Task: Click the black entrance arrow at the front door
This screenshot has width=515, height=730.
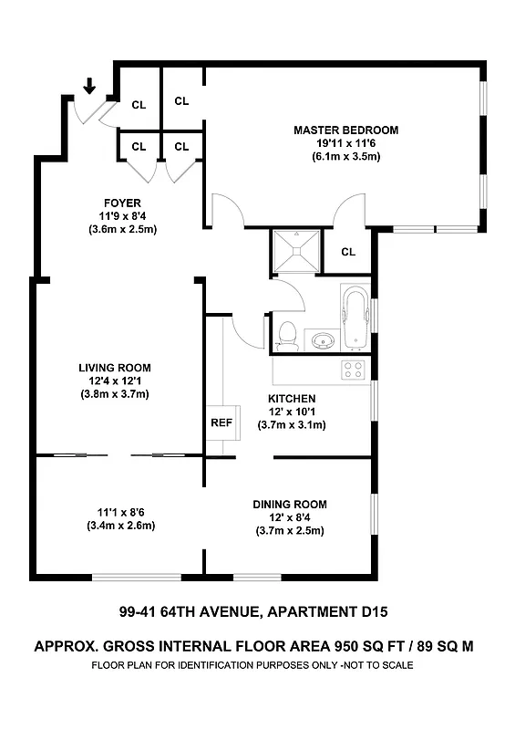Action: pyautogui.click(x=89, y=87)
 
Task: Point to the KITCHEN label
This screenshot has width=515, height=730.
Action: pyautogui.click(x=292, y=399)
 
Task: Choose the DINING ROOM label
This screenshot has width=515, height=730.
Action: pyautogui.click(x=290, y=504)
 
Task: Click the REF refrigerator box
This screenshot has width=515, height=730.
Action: pyautogui.click(x=221, y=422)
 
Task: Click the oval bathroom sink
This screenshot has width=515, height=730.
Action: pyautogui.click(x=321, y=342)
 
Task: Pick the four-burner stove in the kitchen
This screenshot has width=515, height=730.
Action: pyautogui.click(x=353, y=370)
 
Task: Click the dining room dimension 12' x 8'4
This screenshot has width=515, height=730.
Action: pyautogui.click(x=290, y=517)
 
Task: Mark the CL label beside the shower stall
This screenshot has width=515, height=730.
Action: pyautogui.click(x=348, y=252)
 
